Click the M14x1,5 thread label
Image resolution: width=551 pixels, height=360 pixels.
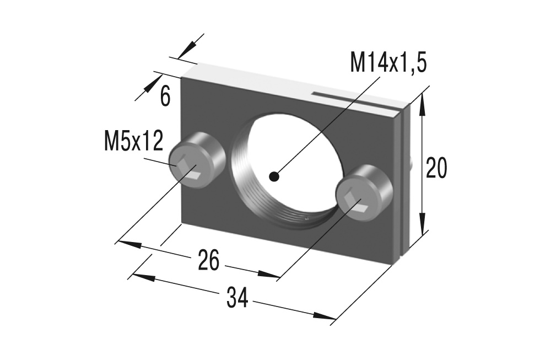coord(388,63)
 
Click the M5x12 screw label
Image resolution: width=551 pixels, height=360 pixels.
coord(133,142)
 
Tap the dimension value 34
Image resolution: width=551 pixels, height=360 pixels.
coord(237,298)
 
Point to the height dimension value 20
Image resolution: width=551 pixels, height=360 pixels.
coord(436,169)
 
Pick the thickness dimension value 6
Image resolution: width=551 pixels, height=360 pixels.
coord(165,96)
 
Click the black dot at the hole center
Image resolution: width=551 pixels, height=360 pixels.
coord(274,176)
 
